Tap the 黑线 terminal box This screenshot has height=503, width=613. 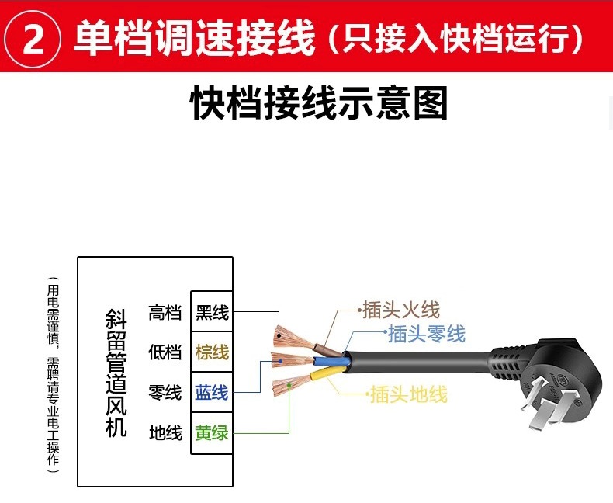coord(212,313)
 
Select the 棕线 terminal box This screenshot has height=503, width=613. coord(212,352)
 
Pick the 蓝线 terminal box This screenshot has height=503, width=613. coord(212,393)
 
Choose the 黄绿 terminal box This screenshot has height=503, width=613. coord(212,432)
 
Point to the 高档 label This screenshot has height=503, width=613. coord(165,313)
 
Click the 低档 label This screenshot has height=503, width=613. coord(165,352)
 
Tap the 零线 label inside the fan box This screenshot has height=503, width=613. coord(165,393)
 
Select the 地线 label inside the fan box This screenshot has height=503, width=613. coord(165,432)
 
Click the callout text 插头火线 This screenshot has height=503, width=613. coord(400,310)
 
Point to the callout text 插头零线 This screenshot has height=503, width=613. coord(426,334)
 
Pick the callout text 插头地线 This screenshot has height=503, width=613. coord(408,395)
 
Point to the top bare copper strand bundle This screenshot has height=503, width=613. coord(289,335)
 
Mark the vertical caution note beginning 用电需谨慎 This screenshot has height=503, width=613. coord(53,373)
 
